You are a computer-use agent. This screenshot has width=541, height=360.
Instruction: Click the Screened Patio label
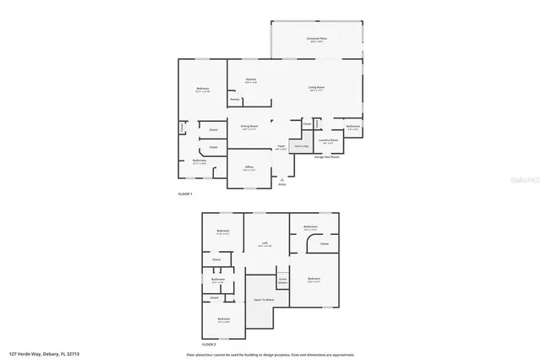(318, 40)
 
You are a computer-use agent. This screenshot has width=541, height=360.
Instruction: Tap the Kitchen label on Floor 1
(251, 81)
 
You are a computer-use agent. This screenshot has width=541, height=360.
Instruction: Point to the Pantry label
(235, 100)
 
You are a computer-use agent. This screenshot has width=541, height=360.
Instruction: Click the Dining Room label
(249, 127)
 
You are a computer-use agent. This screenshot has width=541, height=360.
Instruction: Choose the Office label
(249, 168)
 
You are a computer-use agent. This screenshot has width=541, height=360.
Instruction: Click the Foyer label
(280, 147)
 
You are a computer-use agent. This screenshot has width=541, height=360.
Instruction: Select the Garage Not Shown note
(327, 156)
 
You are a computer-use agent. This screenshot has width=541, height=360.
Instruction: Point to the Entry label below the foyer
(281, 184)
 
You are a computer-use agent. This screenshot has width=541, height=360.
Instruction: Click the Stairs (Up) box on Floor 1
(300, 146)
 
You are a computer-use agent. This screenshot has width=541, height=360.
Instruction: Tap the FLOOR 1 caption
(185, 195)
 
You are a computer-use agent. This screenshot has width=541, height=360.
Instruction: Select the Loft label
(265, 244)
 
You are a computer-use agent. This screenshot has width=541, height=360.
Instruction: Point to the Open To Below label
(261, 300)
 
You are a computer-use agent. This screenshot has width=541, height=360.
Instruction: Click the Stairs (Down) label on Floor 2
(282, 280)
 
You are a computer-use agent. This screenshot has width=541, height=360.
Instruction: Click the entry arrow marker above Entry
(281, 178)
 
